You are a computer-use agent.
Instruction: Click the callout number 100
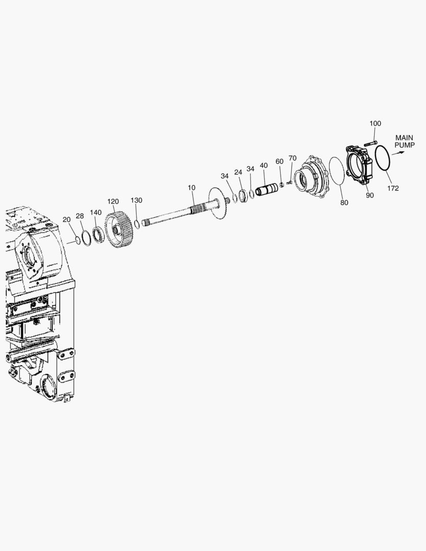point(375,123)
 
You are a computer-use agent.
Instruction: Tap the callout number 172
point(393,188)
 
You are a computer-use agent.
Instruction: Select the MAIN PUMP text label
point(404,141)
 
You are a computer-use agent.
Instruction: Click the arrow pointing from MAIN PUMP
point(398,153)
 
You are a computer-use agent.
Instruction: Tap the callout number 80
point(344,203)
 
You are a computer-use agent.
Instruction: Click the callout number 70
point(292,158)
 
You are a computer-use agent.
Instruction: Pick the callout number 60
point(280,162)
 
